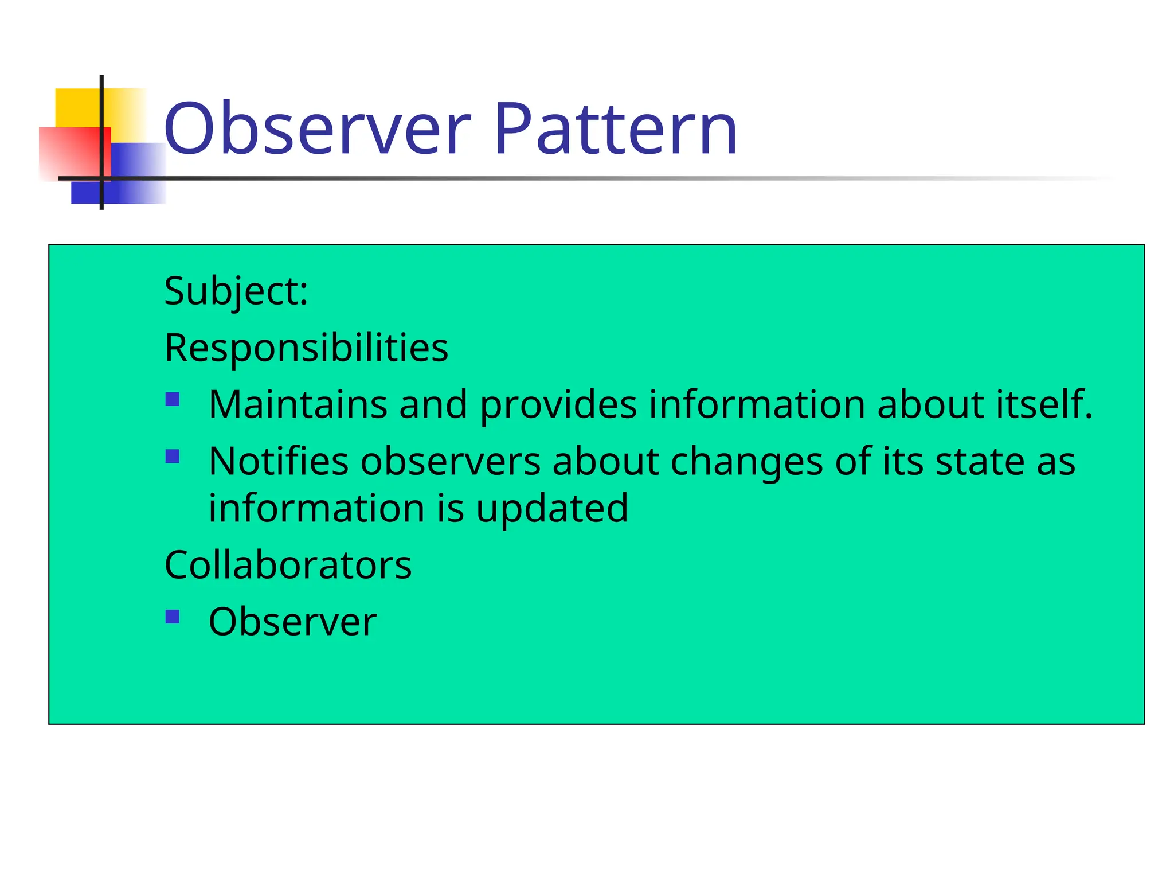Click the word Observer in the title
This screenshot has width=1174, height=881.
pyautogui.click(x=317, y=128)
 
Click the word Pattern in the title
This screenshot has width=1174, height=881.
pyautogui.click(x=616, y=128)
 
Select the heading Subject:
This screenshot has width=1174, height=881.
pyautogui.click(x=236, y=291)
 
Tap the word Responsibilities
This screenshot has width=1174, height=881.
pyautogui.click(x=306, y=348)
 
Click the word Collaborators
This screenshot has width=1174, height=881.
pyautogui.click(x=288, y=565)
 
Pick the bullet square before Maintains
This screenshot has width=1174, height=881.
pyautogui.click(x=173, y=399)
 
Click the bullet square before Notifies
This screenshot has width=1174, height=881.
pyautogui.click(x=173, y=456)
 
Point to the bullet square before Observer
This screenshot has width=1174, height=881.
pyautogui.click(x=173, y=617)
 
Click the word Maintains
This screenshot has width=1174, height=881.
pyautogui.click(x=298, y=404)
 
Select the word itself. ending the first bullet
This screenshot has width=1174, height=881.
pyautogui.click(x=1044, y=404)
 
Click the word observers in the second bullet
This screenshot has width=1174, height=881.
pyautogui.click(x=450, y=462)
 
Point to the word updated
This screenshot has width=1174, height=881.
pyautogui.click(x=552, y=509)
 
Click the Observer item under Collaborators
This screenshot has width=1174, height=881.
pyautogui.click(x=292, y=622)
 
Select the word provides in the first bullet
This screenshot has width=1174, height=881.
pyautogui.click(x=558, y=406)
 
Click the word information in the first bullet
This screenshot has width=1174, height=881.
pyautogui.click(x=757, y=404)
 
